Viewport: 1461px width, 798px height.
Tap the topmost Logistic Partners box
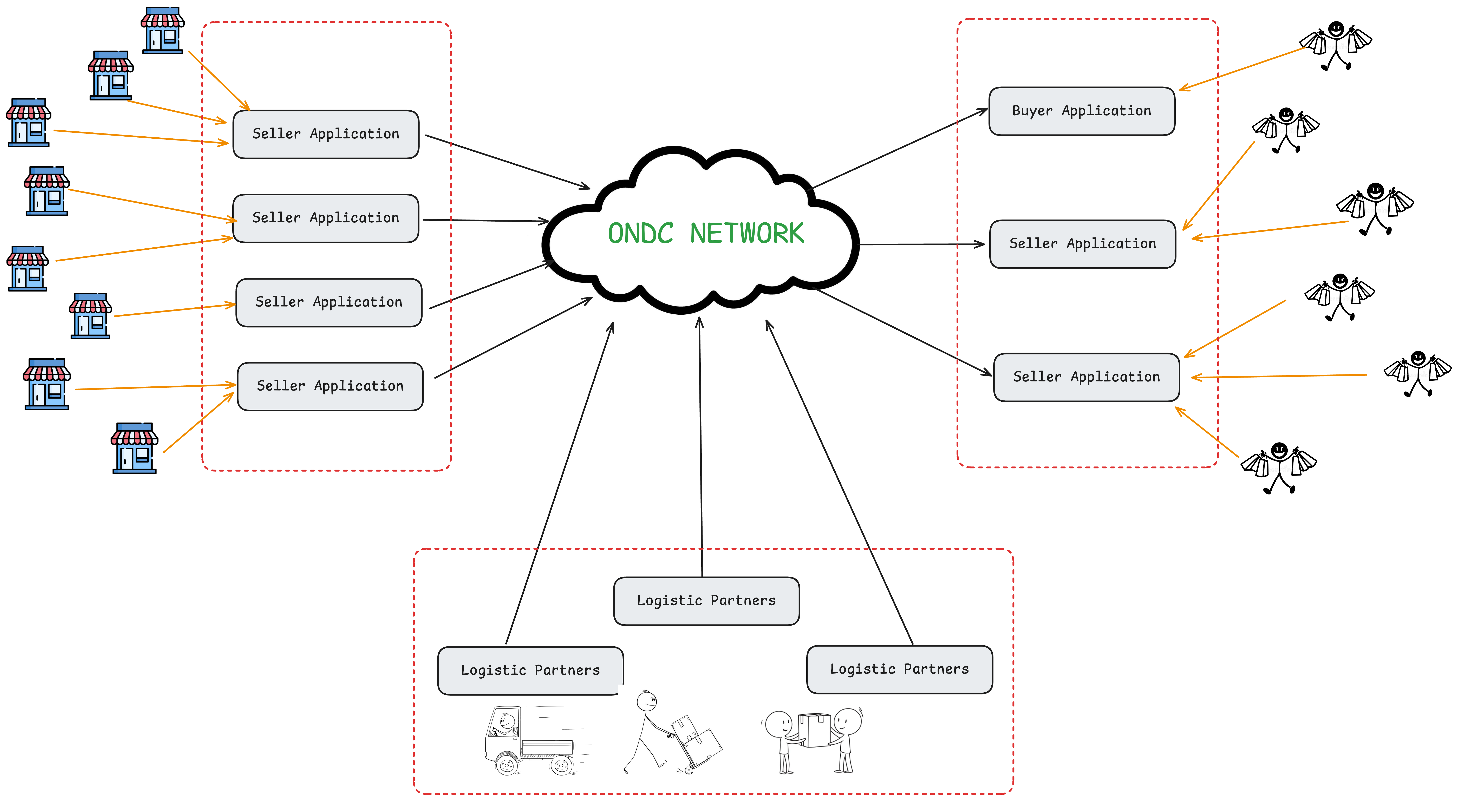click(x=706, y=601)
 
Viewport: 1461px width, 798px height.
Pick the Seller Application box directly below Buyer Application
click(x=1082, y=244)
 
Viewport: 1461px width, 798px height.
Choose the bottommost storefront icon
click(x=134, y=448)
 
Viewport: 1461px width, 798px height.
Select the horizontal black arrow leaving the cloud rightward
click(x=922, y=244)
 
